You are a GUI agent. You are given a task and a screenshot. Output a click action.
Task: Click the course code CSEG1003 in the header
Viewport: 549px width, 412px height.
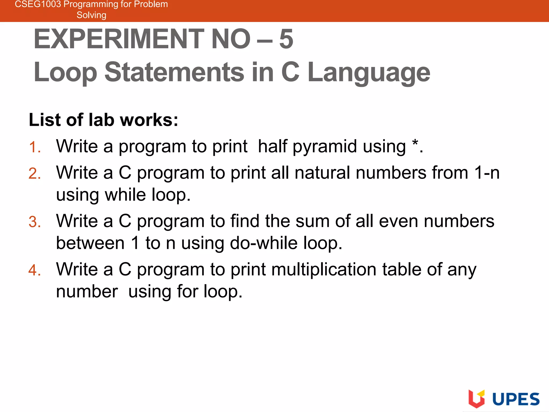tap(38, 4)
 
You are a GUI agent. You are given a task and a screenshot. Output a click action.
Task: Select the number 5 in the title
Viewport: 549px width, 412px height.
tap(286, 39)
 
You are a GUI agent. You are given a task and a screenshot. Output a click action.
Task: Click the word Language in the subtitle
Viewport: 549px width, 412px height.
tap(369, 72)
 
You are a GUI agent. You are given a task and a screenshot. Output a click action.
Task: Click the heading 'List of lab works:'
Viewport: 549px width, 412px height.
tap(103, 120)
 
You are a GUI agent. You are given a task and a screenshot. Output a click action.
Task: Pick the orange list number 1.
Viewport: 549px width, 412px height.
tap(34, 147)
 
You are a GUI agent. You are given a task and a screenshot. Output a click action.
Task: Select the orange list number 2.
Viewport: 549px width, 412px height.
tap(35, 174)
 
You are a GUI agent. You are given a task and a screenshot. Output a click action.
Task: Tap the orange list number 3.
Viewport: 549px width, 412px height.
tap(35, 222)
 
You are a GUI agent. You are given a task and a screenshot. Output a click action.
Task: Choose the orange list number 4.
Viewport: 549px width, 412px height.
tap(35, 270)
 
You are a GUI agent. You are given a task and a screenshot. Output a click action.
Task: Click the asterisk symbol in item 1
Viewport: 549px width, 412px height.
tap(415, 143)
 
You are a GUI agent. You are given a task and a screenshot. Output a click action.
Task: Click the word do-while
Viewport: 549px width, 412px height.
tap(264, 243)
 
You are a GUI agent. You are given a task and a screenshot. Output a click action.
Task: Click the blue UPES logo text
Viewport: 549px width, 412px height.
tap(516, 399)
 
